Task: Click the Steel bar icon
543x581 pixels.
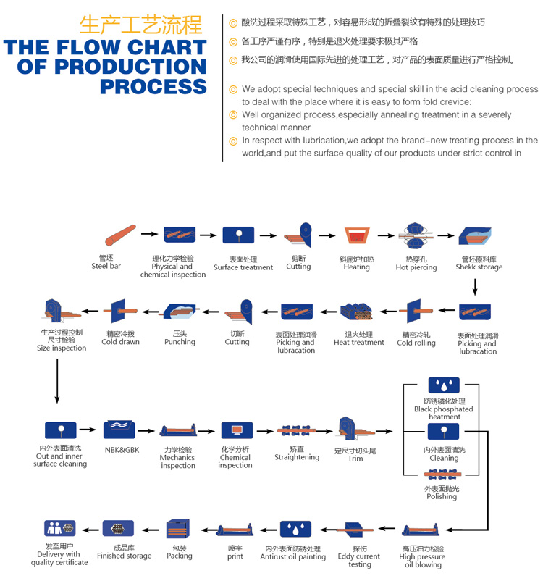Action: (119, 235)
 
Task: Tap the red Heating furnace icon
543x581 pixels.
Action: (356, 236)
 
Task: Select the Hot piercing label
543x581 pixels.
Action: (416, 267)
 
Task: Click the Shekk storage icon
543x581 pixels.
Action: (475, 236)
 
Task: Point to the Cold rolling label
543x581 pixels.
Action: (416, 343)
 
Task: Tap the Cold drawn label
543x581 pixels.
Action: (120, 342)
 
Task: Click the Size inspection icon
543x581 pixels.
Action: (61, 312)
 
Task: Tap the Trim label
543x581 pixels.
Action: (355, 459)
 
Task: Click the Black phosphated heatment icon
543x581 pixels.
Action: (444, 385)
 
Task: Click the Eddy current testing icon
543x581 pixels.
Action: (359, 530)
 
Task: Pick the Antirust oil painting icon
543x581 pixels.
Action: (295, 529)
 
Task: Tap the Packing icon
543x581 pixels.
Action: (179, 529)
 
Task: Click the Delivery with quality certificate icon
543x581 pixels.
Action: (59, 529)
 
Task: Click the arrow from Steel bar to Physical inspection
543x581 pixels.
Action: (149, 234)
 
